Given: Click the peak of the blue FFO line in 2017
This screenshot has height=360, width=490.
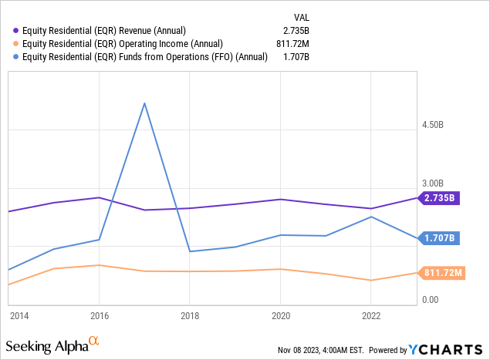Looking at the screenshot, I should click(144, 103).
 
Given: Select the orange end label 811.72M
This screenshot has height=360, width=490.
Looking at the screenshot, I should click(442, 273).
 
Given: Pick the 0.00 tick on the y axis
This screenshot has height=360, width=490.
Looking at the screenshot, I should click(431, 300).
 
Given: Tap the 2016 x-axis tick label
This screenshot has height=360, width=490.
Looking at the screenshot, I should click(99, 315).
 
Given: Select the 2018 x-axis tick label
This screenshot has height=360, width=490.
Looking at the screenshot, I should click(190, 315).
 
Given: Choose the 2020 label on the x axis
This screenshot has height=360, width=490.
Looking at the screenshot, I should click(280, 315).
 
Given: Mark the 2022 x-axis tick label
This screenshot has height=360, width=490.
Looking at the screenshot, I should click(371, 315).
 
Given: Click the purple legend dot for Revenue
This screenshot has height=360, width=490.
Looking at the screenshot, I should click(16, 30).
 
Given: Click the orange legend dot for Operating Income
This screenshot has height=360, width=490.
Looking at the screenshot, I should click(16, 43).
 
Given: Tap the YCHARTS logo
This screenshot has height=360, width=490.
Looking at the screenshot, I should click(441, 349).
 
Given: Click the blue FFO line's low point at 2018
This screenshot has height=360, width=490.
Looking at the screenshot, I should click(190, 251).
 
